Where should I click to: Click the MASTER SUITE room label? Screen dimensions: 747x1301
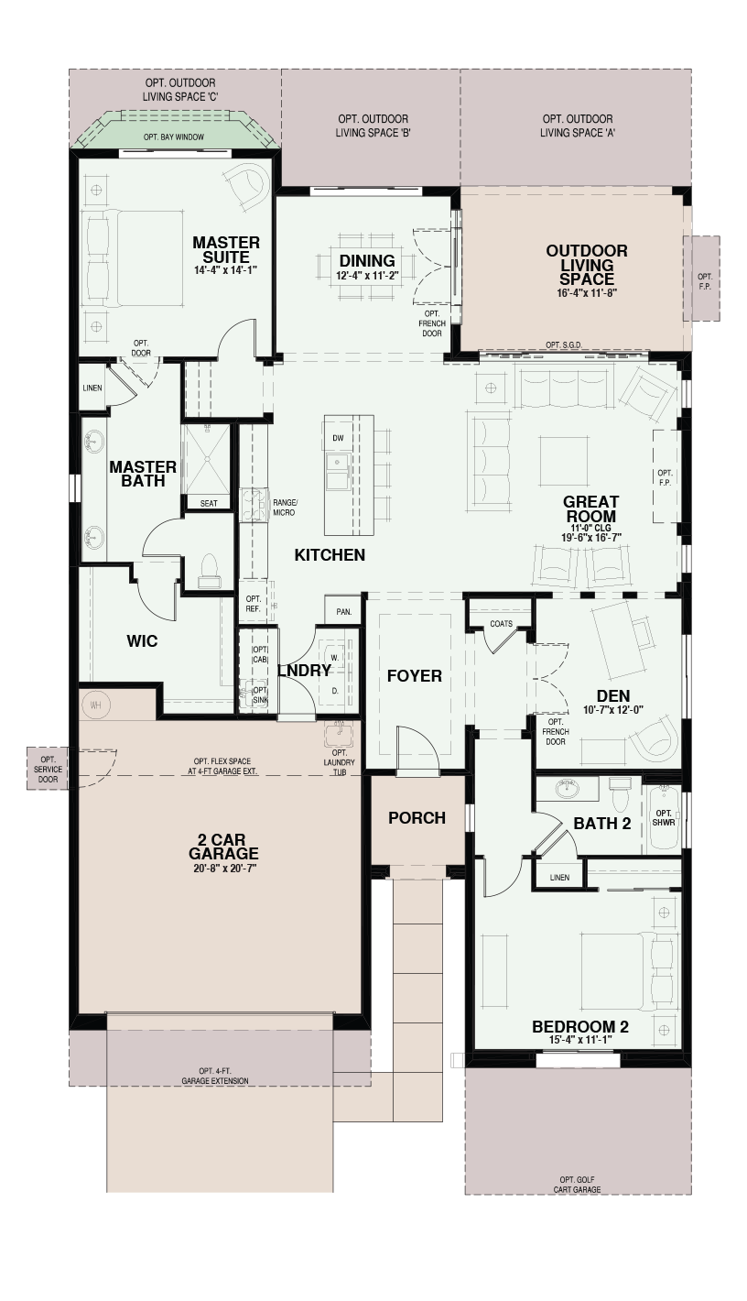226,250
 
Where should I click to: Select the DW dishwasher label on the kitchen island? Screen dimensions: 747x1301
338,439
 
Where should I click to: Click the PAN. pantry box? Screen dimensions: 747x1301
343,612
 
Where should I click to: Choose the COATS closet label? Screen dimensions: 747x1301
501,623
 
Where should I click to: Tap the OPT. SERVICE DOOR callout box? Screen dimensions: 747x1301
48,769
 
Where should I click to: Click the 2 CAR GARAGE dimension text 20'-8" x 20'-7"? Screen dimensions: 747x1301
223,869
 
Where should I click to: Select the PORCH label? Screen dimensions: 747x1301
417,818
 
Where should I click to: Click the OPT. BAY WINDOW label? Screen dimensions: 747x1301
174,137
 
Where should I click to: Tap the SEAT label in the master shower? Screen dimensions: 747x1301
209,504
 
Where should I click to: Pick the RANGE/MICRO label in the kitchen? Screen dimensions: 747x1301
285,508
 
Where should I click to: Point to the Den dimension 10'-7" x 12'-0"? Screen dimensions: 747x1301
613,710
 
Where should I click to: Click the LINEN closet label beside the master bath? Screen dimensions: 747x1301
92,388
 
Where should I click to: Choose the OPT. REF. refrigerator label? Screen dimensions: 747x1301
253,604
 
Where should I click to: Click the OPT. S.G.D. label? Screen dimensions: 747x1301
564,345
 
